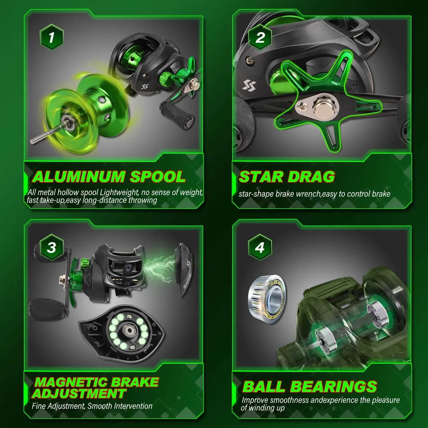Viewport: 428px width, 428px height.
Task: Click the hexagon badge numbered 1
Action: point(51,37)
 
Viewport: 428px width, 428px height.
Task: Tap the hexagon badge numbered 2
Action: point(260,37)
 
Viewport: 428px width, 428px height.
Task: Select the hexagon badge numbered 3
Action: point(51,247)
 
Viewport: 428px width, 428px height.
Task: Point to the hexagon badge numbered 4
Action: point(260,247)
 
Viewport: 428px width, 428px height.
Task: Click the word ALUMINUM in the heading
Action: point(78,177)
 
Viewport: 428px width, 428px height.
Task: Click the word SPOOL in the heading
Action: point(158,177)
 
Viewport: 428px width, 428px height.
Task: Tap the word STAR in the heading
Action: point(260,177)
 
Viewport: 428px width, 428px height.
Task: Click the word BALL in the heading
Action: point(264,387)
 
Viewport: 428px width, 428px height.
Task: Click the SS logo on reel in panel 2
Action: point(249,85)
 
